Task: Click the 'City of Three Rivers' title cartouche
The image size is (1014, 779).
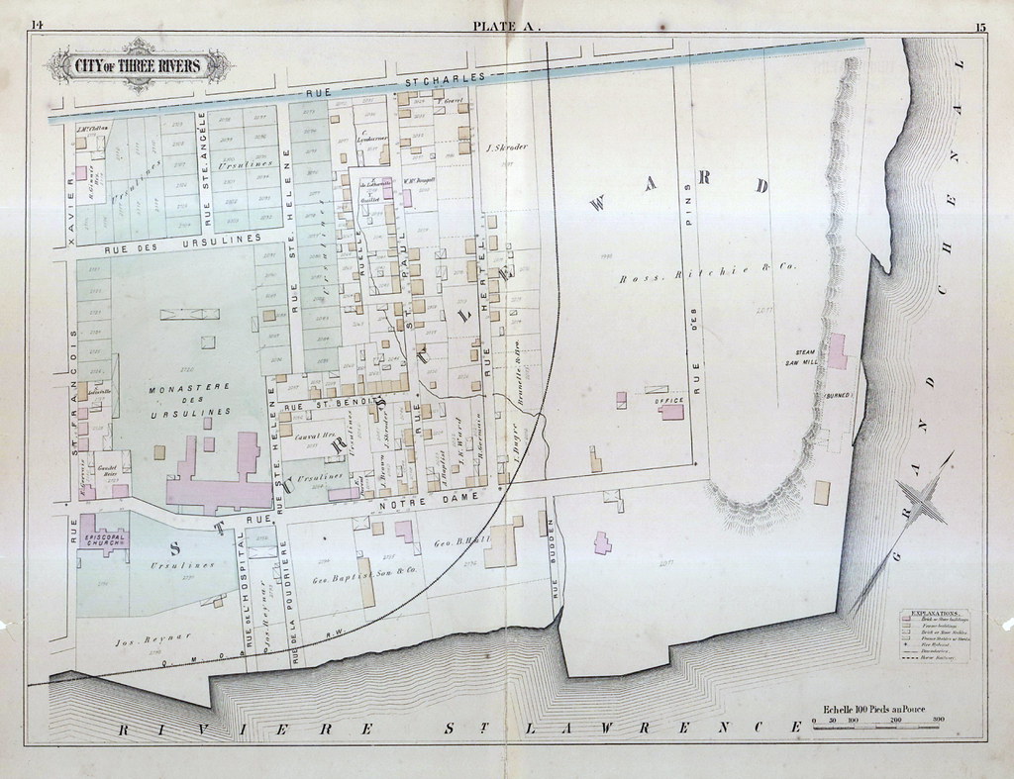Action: click(x=138, y=66)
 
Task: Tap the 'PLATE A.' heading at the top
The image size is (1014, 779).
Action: click(x=507, y=27)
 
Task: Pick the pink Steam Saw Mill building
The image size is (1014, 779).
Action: click(x=838, y=351)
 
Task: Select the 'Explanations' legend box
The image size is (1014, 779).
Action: click(x=938, y=633)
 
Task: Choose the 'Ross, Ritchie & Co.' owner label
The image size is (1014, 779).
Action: click(x=707, y=266)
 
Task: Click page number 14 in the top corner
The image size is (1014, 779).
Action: click(x=37, y=27)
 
